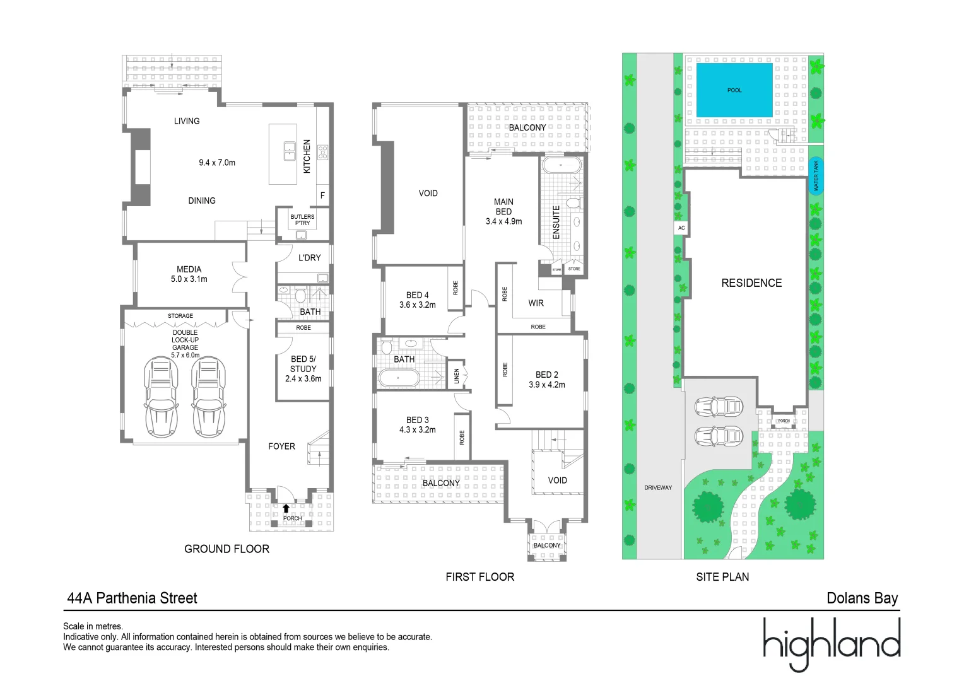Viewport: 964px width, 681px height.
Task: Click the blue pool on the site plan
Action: [x=734, y=90]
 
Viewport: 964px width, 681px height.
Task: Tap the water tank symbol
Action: [x=816, y=176]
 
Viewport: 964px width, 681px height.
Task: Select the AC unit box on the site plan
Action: [x=681, y=228]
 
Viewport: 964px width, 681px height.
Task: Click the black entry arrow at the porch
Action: [x=286, y=508]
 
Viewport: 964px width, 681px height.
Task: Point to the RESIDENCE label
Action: [x=751, y=283]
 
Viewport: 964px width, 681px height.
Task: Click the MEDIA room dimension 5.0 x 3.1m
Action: [x=189, y=279]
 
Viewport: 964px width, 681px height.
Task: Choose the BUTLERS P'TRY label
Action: [x=302, y=219]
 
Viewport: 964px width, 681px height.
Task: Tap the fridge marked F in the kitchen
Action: [x=322, y=195]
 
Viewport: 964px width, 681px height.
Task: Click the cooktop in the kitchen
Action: [x=322, y=152]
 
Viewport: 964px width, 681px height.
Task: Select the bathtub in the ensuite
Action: [x=561, y=166]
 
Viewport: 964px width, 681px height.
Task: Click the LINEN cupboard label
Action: [x=457, y=376]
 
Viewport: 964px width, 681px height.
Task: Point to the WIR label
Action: [x=536, y=303]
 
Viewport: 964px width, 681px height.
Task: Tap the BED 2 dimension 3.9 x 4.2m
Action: [x=547, y=385]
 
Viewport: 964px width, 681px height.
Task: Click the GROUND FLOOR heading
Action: [x=226, y=549]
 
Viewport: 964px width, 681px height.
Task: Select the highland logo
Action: [x=831, y=643]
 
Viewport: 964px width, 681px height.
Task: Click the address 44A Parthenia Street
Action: [x=132, y=598]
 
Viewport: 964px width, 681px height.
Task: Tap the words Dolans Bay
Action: [x=862, y=598]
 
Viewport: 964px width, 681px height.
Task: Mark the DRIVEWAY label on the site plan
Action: [x=658, y=487]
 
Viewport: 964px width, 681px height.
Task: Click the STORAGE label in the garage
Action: [x=180, y=316]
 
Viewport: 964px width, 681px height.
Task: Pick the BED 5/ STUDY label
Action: [x=303, y=364]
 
